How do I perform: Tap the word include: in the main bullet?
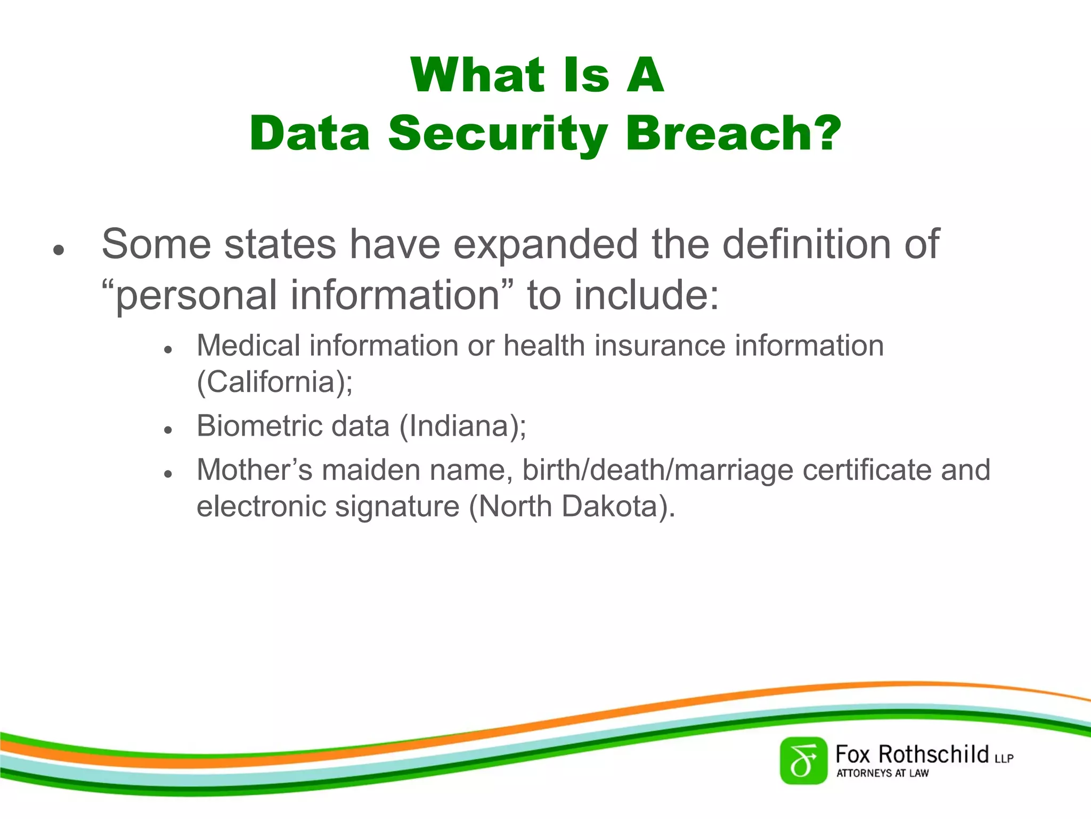click(647, 295)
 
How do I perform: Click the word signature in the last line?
click(397, 507)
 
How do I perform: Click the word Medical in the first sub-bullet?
click(248, 346)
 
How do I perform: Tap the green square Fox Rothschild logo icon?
click(803, 760)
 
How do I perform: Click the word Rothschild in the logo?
click(933, 754)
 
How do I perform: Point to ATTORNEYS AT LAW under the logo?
click(882, 773)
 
